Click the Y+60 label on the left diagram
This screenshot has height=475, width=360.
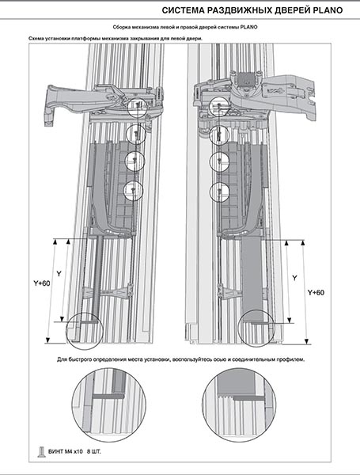(x=42, y=284)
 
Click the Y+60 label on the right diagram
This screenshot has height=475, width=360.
(x=316, y=293)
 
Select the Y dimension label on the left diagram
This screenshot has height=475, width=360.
(x=59, y=274)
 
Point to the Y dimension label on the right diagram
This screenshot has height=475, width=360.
(x=294, y=278)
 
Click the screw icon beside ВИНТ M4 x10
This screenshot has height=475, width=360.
(x=41, y=452)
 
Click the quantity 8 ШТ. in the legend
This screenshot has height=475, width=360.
(x=94, y=452)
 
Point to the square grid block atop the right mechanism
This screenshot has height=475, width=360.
(x=246, y=78)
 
